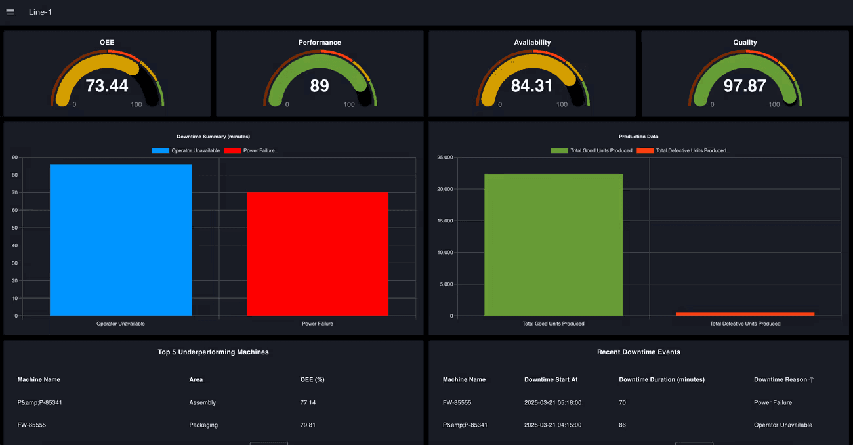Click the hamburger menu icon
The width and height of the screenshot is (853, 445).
[x=10, y=12]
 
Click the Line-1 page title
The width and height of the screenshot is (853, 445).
[x=40, y=12]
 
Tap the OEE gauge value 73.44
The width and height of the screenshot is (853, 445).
[x=107, y=86]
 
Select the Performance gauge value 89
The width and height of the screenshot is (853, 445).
[x=320, y=86]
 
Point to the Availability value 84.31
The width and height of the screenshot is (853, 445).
[x=531, y=86]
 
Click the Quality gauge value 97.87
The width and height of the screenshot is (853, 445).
[x=745, y=86]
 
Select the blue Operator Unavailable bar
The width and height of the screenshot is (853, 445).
[x=121, y=240]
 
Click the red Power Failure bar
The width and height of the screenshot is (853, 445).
[x=318, y=254]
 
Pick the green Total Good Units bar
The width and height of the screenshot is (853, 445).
[x=553, y=245]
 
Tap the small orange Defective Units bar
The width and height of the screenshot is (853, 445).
[x=745, y=314]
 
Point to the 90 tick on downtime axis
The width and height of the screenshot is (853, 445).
[x=14, y=158]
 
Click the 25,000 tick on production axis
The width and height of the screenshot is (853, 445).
[x=444, y=158]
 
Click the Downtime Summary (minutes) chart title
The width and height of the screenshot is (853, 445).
[x=213, y=137]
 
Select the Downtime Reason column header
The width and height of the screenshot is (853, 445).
[x=780, y=379]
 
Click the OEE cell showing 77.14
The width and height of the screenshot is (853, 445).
[x=308, y=402]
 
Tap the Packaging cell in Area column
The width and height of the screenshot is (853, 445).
[x=203, y=425]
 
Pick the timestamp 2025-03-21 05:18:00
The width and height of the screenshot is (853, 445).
[x=552, y=402]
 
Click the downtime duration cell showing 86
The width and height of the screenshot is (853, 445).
[x=622, y=425]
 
